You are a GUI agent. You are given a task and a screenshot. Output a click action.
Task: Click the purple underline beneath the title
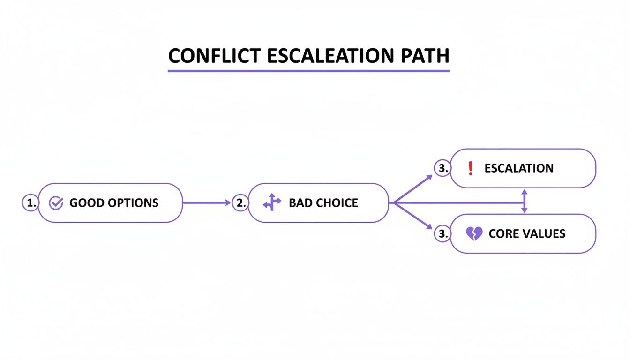pyautogui.click(x=308, y=71)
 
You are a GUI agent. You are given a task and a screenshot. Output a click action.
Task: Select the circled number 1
pyautogui.click(x=30, y=203)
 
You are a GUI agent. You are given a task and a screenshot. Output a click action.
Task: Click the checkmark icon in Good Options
pyautogui.click(x=56, y=203)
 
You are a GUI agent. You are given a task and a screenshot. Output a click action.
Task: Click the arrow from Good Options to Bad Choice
pyautogui.click(x=206, y=203)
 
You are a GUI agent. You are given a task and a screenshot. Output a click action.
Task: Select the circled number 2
pyautogui.click(x=240, y=203)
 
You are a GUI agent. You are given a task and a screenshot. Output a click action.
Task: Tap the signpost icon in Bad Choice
pyautogui.click(x=272, y=203)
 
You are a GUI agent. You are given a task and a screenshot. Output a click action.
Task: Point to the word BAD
pyautogui.click(x=300, y=203)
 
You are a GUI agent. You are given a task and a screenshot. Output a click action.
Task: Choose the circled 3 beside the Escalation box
pyautogui.click(x=442, y=168)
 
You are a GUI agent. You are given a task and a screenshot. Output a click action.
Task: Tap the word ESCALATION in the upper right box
pyautogui.click(x=519, y=168)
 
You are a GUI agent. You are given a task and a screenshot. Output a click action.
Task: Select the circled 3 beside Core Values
pyautogui.click(x=442, y=233)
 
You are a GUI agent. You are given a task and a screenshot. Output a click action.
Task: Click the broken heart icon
pyautogui.click(x=474, y=233)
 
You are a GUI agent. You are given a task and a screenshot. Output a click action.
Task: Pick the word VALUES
pyautogui.click(x=544, y=233)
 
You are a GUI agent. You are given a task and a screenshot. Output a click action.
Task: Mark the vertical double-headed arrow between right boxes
pyautogui.click(x=524, y=202)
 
